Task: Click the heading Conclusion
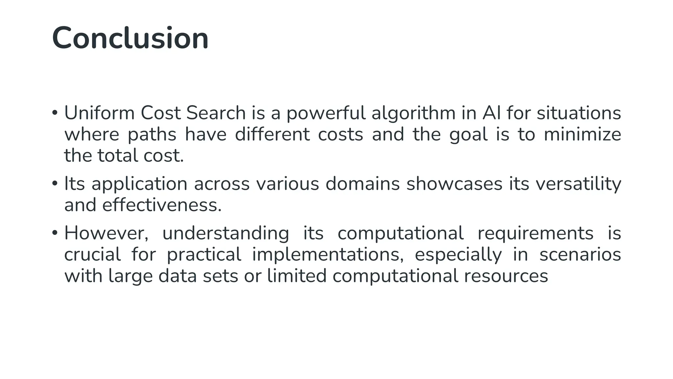[130, 38]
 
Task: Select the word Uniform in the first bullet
[99, 113]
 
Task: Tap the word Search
[216, 113]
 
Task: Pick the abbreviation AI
[492, 113]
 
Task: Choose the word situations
[579, 113]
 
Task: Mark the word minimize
[582, 135]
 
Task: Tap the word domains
[362, 184]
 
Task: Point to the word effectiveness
[162, 205]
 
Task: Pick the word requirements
[535, 234]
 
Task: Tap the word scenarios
[580, 255]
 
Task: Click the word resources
[506, 276]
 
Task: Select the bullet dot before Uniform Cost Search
[55, 113]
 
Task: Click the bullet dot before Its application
[55, 184]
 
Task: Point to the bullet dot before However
[55, 233]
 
